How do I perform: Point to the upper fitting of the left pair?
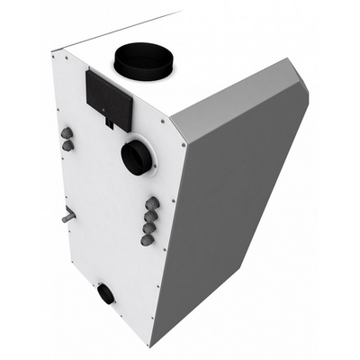(65, 132)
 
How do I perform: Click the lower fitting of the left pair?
(67, 144)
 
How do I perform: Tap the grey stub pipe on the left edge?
(67, 217)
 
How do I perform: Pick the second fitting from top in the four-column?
(149, 216)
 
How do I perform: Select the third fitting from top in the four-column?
(148, 229)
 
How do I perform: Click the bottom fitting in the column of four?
(148, 240)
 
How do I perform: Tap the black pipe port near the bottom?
(106, 292)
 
